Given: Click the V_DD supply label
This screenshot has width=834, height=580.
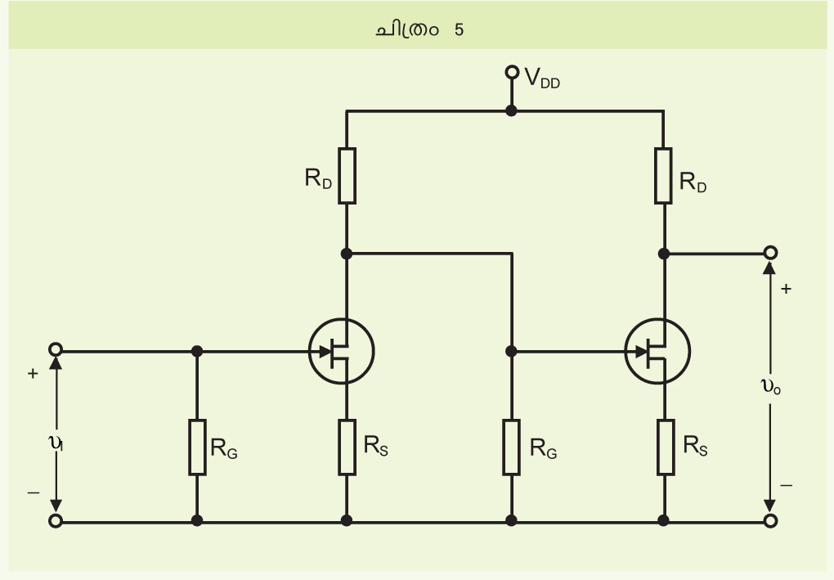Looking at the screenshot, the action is [542, 79].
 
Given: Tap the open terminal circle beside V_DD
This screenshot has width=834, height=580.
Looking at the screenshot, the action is [512, 72].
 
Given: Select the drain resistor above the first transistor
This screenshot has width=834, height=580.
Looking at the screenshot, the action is [347, 176].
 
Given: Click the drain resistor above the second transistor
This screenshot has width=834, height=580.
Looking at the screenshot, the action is [663, 176].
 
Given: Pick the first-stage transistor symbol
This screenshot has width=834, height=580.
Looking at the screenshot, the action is [342, 351].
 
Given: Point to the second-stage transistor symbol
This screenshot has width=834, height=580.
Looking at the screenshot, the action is [657, 351].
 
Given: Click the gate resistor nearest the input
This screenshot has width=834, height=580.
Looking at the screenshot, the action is [197, 447].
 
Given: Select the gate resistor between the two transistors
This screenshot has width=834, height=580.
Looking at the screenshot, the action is [512, 447].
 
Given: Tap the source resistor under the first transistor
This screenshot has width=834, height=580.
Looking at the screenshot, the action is [347, 447].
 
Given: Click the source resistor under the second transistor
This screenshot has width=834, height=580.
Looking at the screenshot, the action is [666, 447].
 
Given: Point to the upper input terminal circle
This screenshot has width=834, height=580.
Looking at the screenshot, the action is [56, 349].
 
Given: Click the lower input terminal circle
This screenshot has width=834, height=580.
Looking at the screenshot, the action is [56, 521].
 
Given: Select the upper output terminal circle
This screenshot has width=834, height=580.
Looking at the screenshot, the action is [770, 253].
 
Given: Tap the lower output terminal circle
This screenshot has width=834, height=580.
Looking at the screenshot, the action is [770, 521].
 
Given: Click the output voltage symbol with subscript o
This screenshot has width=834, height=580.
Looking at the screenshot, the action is [771, 387].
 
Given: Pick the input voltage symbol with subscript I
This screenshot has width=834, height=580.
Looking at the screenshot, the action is [56, 443].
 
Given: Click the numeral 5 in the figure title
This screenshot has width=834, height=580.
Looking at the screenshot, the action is [459, 29].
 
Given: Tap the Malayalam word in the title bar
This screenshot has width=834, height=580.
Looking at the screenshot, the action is [407, 29].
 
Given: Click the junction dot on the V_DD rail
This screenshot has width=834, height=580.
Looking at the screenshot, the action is [511, 110].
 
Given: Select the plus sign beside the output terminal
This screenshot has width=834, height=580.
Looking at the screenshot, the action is [786, 289].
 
